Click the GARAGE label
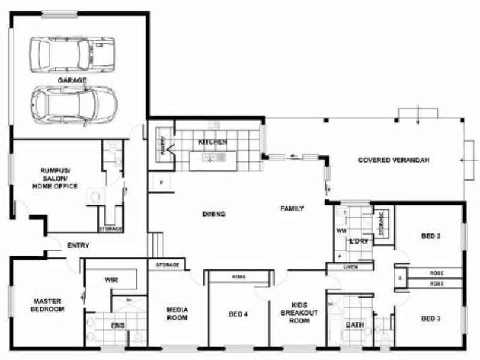72,80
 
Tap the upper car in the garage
72,55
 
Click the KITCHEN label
212,143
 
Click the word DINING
214,214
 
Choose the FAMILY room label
292,209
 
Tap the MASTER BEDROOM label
49,305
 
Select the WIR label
110,280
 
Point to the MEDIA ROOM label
178,314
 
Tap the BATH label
354,325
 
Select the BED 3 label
431,319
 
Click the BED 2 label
431,236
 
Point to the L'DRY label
358,241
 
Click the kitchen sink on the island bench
211,158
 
